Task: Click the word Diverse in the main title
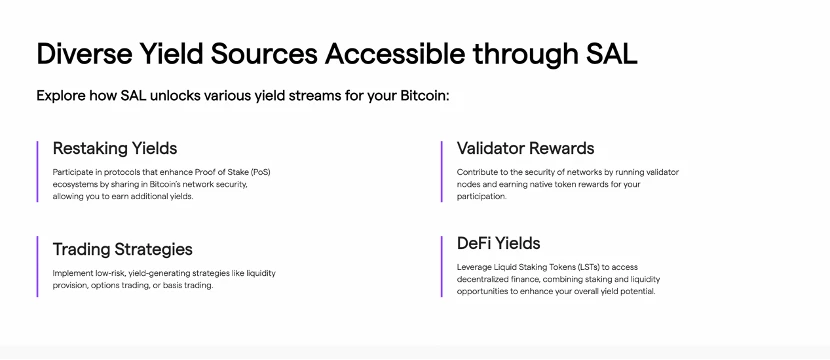(x=83, y=54)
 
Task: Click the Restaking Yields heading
(x=115, y=148)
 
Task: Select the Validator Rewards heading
(x=525, y=148)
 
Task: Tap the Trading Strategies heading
(x=122, y=249)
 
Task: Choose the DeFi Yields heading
(x=498, y=243)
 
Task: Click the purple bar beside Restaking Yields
(x=37, y=172)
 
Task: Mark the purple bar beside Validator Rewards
(x=441, y=172)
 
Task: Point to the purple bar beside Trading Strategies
(x=37, y=266)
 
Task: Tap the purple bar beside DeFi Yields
(x=441, y=266)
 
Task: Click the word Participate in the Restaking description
(x=70, y=172)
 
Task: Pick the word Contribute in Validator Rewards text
(x=474, y=172)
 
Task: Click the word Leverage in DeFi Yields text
(x=472, y=267)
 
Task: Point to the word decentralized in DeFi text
(x=479, y=279)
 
